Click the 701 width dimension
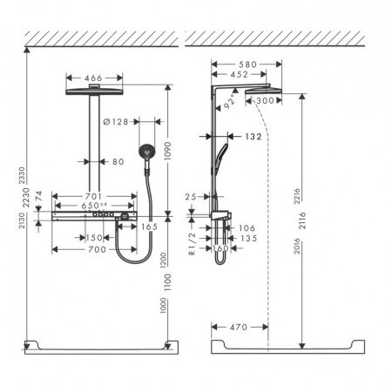point(95,196)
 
